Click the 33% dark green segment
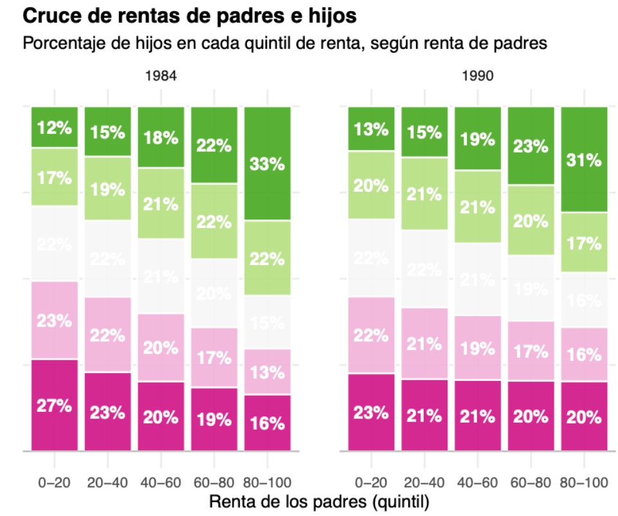268,164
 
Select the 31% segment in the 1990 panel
584,160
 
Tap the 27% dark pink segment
55,405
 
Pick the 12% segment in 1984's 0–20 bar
55,127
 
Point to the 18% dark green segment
161,138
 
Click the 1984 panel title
161,76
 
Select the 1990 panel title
477,76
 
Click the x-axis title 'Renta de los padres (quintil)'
319,500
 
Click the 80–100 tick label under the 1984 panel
268,482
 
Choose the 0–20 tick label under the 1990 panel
371,482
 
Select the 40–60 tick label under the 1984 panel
161,482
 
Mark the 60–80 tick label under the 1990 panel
531,482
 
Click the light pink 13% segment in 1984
268,372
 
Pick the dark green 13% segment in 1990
371,129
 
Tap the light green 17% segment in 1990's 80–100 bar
584,243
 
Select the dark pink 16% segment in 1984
268,423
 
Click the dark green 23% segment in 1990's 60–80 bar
531,146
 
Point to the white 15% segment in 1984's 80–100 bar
268,322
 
